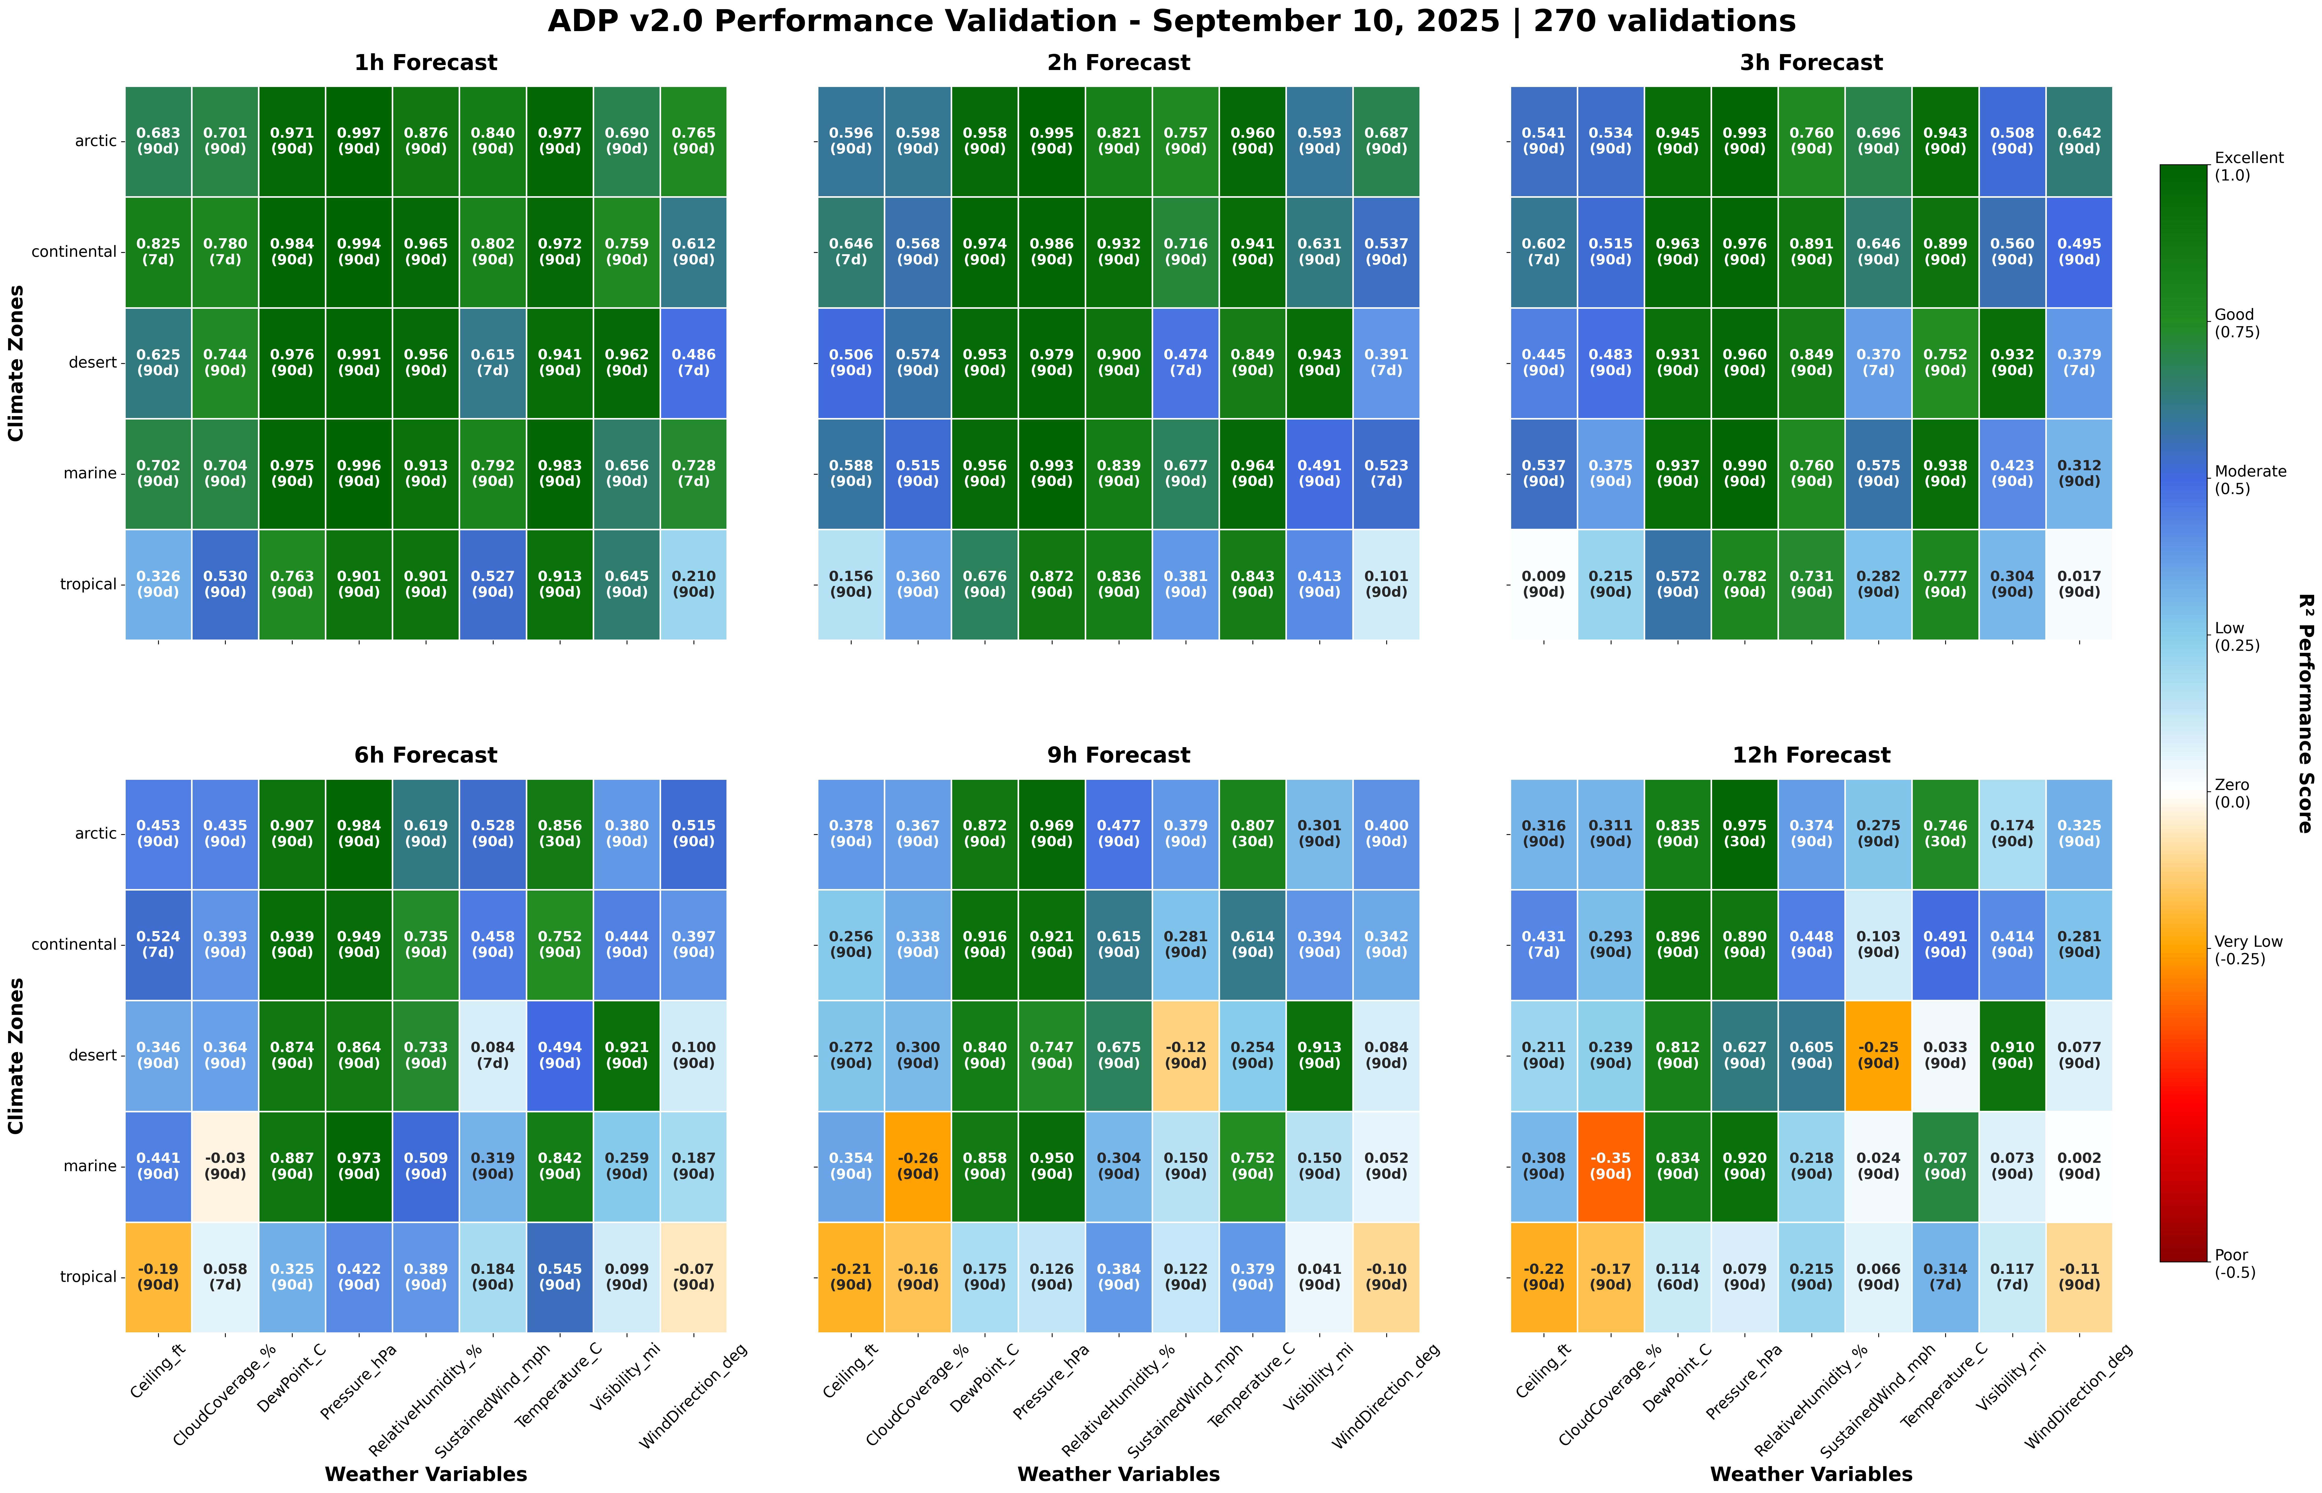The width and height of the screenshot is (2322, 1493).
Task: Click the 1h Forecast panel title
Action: coord(426,63)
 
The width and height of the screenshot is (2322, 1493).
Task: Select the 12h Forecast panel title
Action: coord(1811,755)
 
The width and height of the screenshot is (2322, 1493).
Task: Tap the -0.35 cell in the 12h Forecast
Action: coord(1610,1166)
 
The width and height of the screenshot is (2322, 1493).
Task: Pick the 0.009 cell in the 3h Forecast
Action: coord(1544,585)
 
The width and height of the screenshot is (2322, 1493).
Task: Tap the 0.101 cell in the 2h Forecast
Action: coord(1387,585)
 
